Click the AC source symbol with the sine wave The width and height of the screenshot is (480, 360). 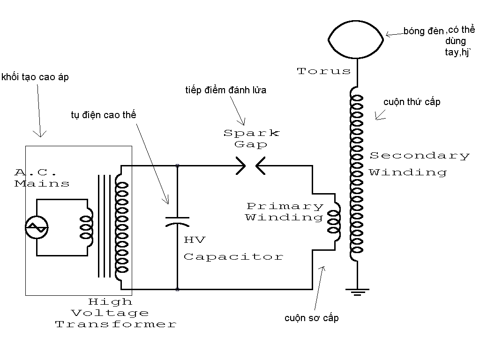click(37, 227)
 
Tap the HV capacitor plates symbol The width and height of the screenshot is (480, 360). click(177, 222)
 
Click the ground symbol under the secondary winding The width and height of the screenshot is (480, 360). click(357, 292)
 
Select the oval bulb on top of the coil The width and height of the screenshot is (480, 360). click(356, 21)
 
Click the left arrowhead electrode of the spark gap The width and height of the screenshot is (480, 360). click(241, 166)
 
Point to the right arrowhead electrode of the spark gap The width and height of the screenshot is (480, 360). click(260, 166)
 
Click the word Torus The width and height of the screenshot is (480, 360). click(323, 71)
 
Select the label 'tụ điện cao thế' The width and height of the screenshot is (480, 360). click(104, 115)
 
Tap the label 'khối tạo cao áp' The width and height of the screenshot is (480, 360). click(35, 77)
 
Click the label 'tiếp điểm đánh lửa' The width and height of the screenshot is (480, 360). click(225, 90)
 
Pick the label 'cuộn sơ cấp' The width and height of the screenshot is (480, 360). click(312, 318)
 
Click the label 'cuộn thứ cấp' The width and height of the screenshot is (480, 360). click(412, 102)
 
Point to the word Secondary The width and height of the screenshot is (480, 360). click(420, 156)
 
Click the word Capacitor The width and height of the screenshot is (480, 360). click(233, 256)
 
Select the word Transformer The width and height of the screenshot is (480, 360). click(116, 324)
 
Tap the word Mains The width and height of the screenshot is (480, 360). click(42, 183)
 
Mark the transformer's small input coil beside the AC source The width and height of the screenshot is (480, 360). click(87, 227)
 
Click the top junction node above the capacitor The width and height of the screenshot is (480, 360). click(177, 165)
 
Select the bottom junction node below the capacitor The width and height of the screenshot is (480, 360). click(177, 289)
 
